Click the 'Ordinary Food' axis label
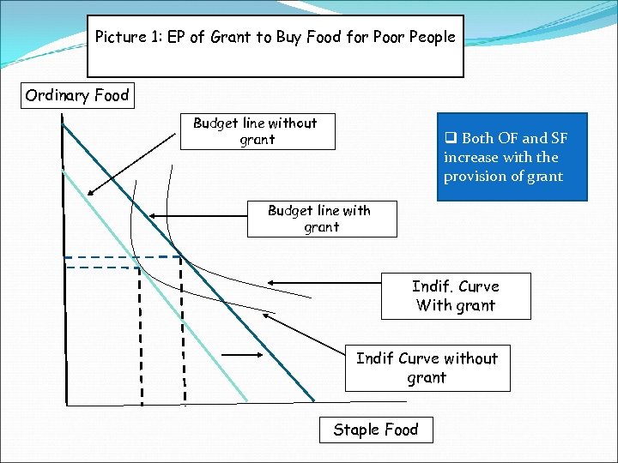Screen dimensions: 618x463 (x=76, y=95)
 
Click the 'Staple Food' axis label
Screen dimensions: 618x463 (x=376, y=430)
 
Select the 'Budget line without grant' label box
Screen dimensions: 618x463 (x=257, y=132)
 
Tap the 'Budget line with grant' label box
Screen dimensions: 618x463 (x=321, y=219)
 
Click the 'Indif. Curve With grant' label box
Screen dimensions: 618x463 (x=455, y=296)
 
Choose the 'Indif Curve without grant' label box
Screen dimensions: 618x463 (x=427, y=368)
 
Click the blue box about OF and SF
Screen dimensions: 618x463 (x=512, y=157)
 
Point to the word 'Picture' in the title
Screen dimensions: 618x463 (x=123, y=38)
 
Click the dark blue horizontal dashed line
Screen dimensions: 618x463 (x=120, y=257)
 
